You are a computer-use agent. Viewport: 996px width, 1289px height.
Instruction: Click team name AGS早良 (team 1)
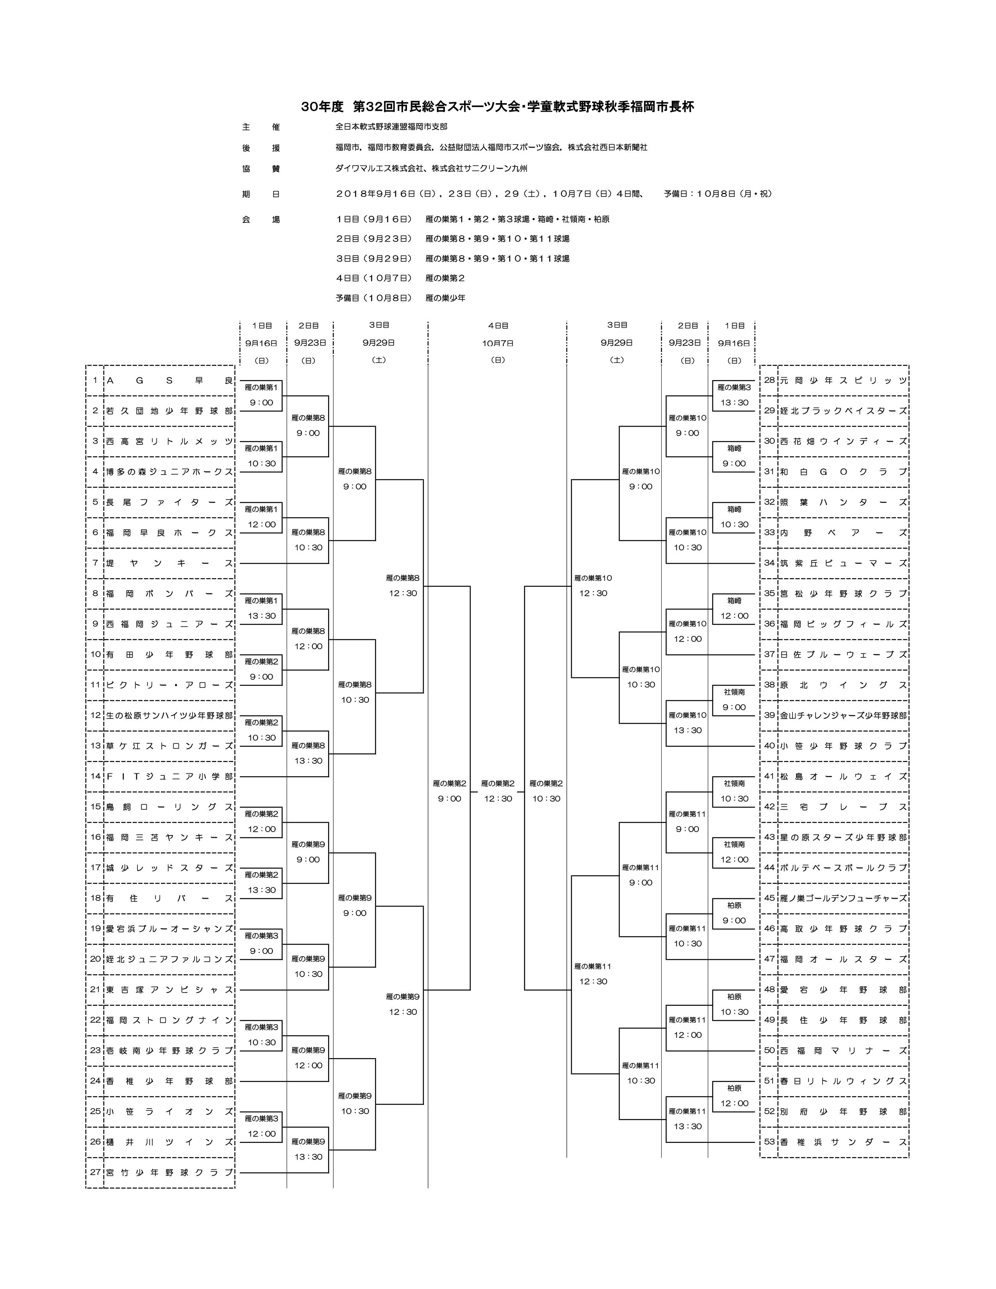click(x=170, y=381)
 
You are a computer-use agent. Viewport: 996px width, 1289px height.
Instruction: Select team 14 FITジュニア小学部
click(x=170, y=777)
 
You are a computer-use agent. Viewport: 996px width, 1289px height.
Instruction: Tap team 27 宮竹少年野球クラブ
click(x=170, y=1173)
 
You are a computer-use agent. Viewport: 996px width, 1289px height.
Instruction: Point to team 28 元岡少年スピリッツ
click(x=843, y=381)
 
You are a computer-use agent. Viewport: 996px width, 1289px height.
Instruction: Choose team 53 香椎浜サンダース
click(x=843, y=1142)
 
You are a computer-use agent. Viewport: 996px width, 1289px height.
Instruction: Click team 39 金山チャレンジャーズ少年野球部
click(x=843, y=715)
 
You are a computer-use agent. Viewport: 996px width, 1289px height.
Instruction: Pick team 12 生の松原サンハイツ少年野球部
click(x=170, y=715)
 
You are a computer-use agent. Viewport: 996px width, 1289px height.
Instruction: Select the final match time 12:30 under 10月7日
click(x=497, y=798)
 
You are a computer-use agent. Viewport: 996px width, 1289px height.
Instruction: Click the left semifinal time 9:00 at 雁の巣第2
click(x=450, y=798)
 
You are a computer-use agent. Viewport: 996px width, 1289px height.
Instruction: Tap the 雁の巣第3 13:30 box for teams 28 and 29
click(x=734, y=395)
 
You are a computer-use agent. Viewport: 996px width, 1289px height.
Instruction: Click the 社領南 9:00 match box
click(x=734, y=700)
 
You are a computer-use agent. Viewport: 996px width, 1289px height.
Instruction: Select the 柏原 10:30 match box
click(x=734, y=1005)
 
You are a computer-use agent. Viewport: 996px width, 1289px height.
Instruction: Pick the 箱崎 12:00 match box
click(x=734, y=609)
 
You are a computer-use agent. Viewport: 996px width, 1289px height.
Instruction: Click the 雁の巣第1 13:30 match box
click(x=261, y=609)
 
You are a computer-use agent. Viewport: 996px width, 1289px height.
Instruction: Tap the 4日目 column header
click(x=497, y=325)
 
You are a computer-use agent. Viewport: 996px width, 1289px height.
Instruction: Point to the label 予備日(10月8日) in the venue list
click(x=373, y=298)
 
